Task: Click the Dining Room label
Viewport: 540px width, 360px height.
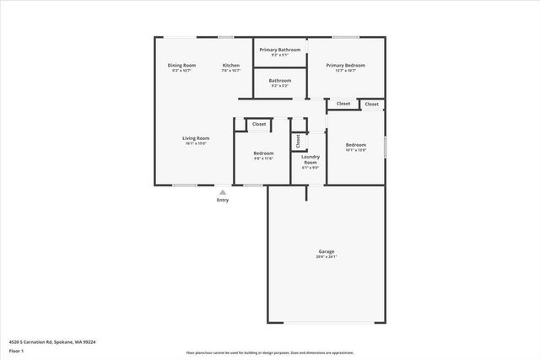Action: point(181,66)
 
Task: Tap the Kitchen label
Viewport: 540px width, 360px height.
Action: point(231,66)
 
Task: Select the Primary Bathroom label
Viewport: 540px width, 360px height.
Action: point(280,50)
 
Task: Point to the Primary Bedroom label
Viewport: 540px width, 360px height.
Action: point(345,66)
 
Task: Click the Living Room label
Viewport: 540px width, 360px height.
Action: point(196,138)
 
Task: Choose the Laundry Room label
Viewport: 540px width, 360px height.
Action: point(310,159)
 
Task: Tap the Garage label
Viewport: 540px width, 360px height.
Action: point(327,251)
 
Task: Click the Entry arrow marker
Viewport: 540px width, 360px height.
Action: point(223,191)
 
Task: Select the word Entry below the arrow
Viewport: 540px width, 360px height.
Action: point(223,200)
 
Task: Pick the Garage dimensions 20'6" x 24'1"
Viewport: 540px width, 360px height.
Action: point(327,257)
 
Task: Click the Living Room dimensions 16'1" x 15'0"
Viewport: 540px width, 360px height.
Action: point(196,143)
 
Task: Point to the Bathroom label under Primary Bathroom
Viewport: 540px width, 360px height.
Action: point(280,81)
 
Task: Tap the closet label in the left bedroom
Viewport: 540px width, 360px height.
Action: point(259,124)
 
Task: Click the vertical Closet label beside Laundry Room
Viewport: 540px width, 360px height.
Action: point(298,141)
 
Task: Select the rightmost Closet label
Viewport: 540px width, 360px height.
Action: point(371,104)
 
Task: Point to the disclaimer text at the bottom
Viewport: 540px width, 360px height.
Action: point(269,352)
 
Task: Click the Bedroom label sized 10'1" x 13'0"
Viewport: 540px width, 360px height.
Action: point(356,145)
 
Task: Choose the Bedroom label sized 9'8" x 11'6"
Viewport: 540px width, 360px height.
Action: point(264,153)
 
